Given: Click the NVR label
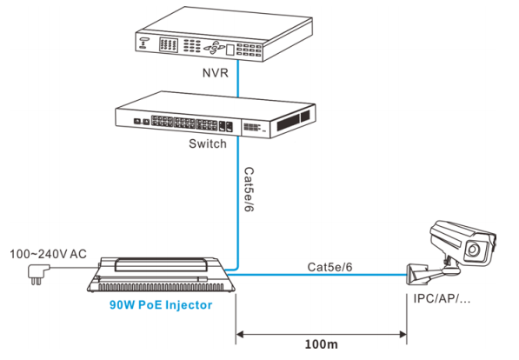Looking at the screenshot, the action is point(216,72).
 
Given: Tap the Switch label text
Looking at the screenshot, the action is point(208,143).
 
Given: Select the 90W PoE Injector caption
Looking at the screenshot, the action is point(161,304).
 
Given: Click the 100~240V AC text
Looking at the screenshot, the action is point(48,254).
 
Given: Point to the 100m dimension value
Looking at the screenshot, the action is point(321,344).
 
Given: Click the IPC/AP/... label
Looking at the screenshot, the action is point(442,298).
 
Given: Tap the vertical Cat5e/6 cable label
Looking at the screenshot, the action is point(249,189).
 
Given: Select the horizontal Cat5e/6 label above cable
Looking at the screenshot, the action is point(329,267).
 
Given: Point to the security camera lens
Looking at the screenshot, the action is point(473,250).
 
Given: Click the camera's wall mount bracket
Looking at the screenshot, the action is point(430,273).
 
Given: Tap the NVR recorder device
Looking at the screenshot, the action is point(224,34).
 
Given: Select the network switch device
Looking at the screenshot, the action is point(215,115).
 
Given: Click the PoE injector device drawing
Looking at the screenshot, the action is point(161,275).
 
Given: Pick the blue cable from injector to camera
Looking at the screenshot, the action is point(317,275).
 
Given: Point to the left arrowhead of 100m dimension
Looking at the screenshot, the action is point(240,335).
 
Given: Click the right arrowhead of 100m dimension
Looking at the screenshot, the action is point(403,335).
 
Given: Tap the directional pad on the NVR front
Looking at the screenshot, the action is point(214,48).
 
